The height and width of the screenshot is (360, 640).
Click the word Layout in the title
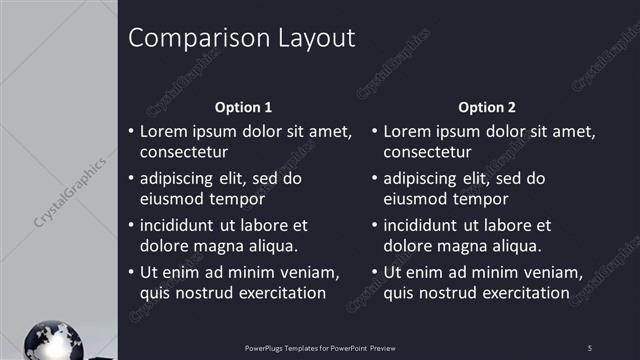click(310, 39)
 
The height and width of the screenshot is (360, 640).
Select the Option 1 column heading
click(243, 107)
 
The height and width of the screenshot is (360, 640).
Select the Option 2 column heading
click(487, 107)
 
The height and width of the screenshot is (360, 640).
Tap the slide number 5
click(589, 347)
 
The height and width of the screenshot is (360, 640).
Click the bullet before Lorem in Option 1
click(131, 132)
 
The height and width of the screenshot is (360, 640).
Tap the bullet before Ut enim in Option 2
click(375, 272)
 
